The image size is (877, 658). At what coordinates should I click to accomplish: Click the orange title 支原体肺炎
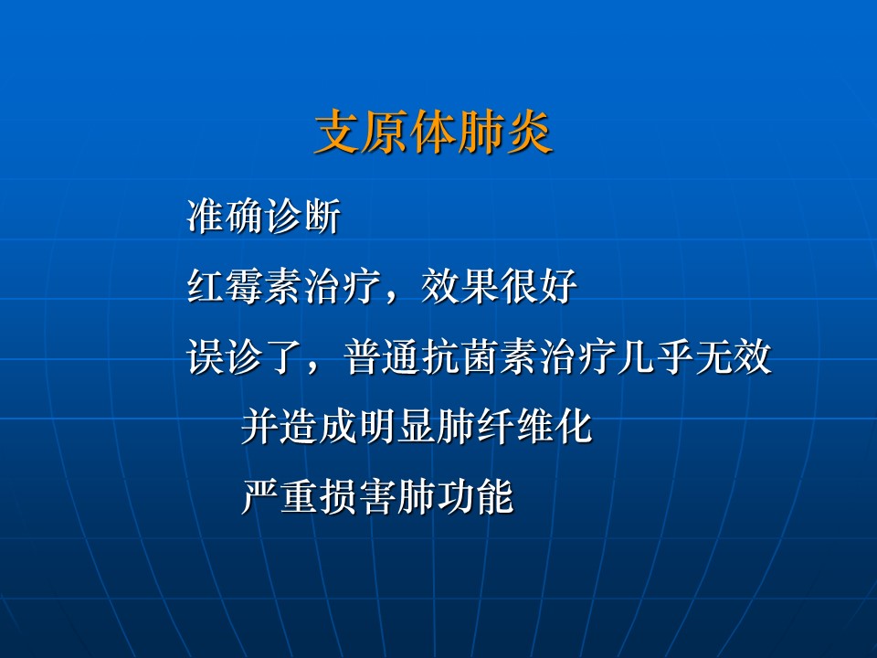pos(434,133)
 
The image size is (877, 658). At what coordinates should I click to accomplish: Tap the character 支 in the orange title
pos(338,133)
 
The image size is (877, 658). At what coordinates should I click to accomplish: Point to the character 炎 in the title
pos(530,133)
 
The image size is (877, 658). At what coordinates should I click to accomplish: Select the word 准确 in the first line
pos(226,217)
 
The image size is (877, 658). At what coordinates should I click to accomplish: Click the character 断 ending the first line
pos(322,217)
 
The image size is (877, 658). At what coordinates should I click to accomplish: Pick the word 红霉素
pos(245,286)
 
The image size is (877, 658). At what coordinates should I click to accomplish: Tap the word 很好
pos(539,286)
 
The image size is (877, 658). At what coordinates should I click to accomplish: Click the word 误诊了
pos(245,357)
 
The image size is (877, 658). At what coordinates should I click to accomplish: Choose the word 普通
pos(383,357)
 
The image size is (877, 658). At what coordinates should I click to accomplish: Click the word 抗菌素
pos(481,357)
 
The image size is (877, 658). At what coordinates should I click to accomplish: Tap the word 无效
pos(734,357)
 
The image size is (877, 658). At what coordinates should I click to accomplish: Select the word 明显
pos(397,427)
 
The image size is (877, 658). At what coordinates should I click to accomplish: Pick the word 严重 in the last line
pos(280,497)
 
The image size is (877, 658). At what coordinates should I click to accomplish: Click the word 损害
pos(358,497)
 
